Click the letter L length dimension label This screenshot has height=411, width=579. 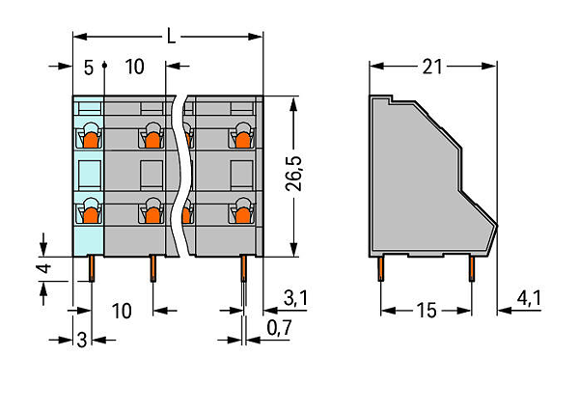click(171, 37)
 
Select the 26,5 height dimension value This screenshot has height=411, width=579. click(294, 174)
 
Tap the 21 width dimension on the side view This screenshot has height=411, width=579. click(432, 67)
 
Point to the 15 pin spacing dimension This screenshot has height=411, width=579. click(427, 311)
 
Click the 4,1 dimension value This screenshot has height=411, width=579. click(529, 297)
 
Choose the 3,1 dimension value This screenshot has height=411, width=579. click(295, 297)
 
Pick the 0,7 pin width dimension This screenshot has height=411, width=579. click(280, 327)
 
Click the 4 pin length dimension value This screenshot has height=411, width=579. click(45, 268)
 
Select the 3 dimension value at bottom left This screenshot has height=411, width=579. click(82, 340)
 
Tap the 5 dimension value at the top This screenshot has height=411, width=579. click(89, 68)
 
